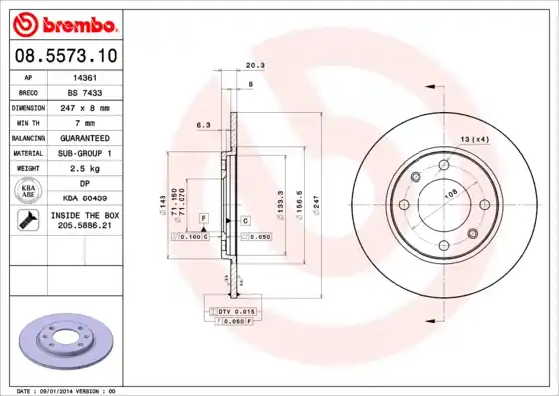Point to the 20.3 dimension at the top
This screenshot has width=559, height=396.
pos(254,65)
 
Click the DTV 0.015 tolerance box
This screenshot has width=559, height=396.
pos(238,312)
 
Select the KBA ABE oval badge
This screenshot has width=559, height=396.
pos(29,192)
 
